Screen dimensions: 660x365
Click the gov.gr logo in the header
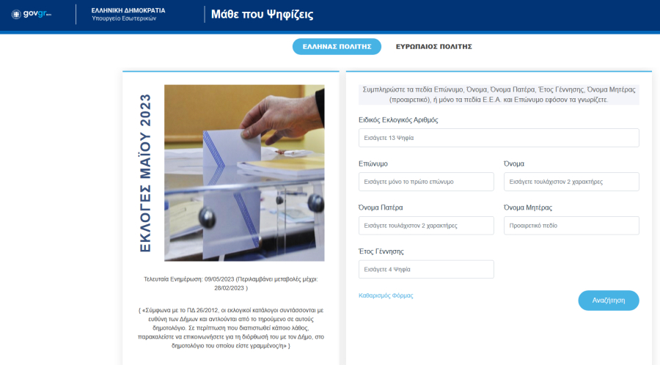31,14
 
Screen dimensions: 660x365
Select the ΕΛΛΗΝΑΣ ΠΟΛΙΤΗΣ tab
337,47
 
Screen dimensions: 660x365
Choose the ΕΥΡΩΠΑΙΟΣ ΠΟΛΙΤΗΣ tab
433,47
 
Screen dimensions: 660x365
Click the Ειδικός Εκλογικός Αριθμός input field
499,138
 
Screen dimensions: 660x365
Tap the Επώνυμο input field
426,182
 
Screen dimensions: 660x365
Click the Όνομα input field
571,182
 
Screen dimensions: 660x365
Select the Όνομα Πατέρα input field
426,226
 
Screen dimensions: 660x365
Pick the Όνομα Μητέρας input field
571,226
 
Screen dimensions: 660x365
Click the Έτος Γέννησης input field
426,269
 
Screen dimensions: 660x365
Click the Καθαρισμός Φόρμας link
386,295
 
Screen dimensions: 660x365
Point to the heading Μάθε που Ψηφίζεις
263,15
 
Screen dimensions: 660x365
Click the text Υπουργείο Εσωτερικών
124,18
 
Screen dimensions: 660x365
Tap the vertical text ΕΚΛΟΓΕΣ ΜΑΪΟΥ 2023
145,173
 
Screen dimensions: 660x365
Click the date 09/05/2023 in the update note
219,279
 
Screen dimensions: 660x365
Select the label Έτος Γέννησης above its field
381,251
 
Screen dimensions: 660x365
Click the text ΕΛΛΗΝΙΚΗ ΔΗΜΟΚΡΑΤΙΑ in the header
128,10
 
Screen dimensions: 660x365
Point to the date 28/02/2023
229,288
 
